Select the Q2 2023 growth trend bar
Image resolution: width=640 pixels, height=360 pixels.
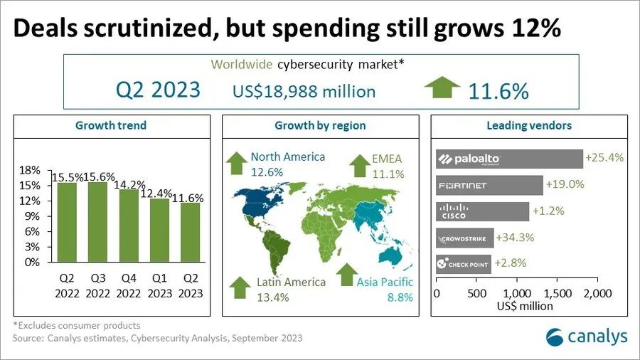coord(189,233)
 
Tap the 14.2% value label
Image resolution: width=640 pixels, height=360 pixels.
coord(127,184)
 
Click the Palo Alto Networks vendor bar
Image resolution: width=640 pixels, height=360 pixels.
coord(509,159)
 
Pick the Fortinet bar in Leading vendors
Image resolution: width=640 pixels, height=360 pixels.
coord(489,185)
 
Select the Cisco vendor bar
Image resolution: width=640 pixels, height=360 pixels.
coord(483,211)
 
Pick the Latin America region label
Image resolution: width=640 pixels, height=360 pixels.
coord(290,282)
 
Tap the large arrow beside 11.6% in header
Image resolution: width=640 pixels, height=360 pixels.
coord(442,90)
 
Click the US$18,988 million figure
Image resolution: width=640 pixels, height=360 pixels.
coord(304,92)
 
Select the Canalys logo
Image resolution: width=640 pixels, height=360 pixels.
coord(587,335)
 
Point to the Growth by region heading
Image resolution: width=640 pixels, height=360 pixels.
coord(320,126)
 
